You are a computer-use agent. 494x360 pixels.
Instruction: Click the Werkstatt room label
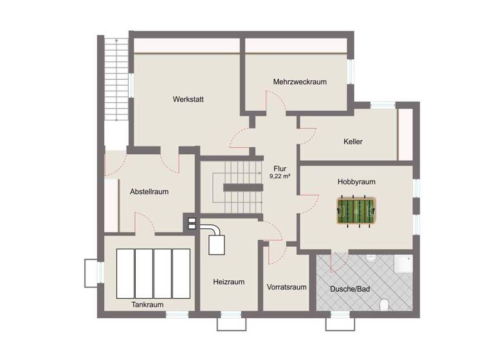coord(188,99)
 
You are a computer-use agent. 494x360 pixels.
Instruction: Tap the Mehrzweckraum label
coord(300,82)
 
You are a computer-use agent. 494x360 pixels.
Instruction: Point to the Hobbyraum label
coord(356,182)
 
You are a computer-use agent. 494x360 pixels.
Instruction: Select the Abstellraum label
coord(149,192)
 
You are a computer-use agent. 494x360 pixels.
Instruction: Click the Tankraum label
coord(147,305)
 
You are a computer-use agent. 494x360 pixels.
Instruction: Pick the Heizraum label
coord(229,282)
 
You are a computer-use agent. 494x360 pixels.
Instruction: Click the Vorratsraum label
coord(286,287)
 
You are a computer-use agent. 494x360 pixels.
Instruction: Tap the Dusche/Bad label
coord(350,289)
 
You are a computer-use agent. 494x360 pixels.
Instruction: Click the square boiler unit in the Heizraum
coord(216,245)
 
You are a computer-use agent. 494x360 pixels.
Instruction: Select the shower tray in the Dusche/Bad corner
coord(402,264)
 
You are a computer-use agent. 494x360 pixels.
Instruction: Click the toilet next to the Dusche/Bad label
coord(384,304)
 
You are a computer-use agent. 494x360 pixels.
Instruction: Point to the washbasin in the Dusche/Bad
coord(372,258)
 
